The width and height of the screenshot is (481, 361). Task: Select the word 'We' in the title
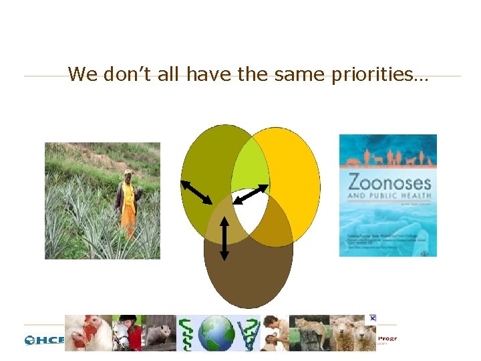coord(84,74)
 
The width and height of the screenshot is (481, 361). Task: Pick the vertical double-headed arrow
coord(224,238)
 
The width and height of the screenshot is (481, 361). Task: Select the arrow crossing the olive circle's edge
coord(196,191)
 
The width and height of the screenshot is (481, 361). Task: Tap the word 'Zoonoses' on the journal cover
coord(388,182)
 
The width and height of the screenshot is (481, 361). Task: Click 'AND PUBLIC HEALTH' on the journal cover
coord(388,197)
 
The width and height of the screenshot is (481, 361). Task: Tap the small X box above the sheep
coord(372,318)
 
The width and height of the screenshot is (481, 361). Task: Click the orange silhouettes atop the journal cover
coord(387,159)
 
